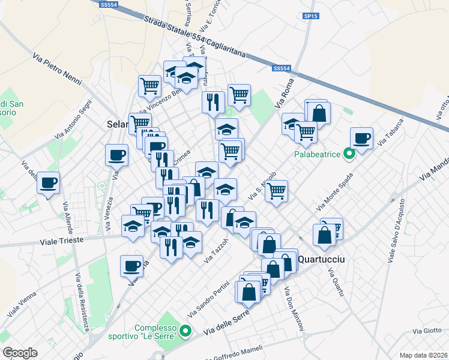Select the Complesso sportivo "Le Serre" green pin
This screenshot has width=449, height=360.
pos(185,331)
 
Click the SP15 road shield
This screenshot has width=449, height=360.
pos(310,16)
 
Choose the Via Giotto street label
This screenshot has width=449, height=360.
pos(427,331)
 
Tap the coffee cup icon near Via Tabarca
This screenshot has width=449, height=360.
pos(362,139)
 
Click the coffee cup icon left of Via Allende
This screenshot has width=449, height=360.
pos(48,182)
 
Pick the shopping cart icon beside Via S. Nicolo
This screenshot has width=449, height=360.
pos(277,191)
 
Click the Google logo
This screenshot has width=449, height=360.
pos(20,352)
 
